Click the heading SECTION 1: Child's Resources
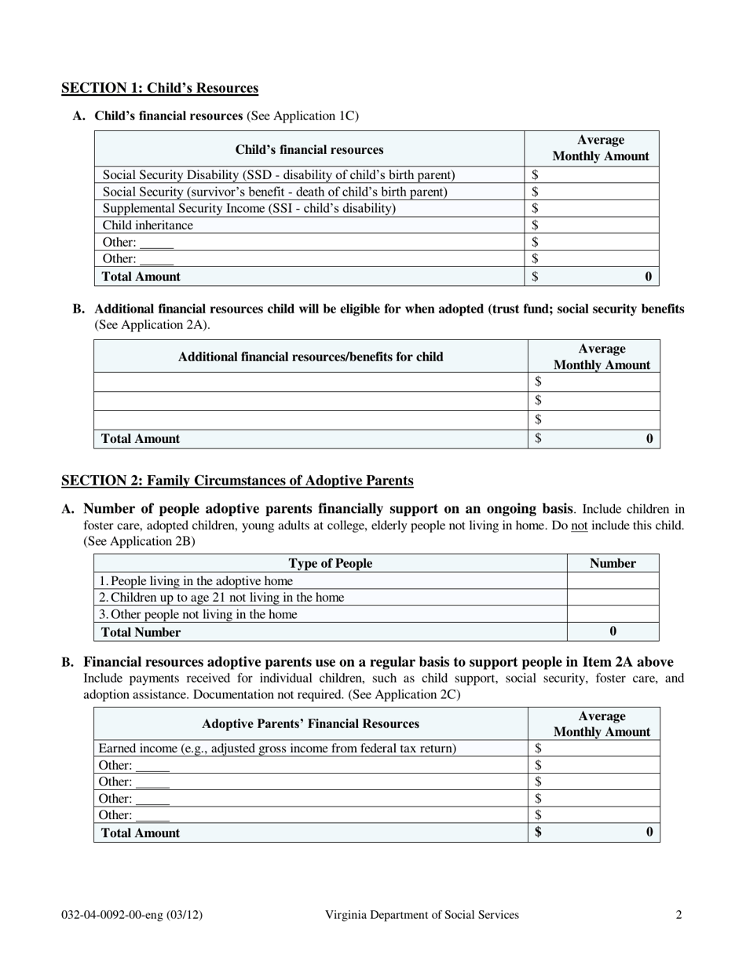[159, 88]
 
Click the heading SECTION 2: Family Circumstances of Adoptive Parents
[237, 481]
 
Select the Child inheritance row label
[148, 225]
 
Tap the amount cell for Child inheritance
[592, 225]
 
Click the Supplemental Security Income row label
[249, 208]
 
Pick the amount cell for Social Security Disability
[592, 175]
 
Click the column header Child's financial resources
[309, 149]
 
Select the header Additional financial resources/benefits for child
[310, 357]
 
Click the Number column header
[613, 563]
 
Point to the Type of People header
[330, 563]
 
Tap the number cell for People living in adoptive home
[613, 581]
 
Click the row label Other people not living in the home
[198, 614]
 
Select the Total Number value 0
[613, 631]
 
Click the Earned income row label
[276, 748]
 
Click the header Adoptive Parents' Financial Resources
[310, 723]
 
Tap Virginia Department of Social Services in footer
[422, 914]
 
